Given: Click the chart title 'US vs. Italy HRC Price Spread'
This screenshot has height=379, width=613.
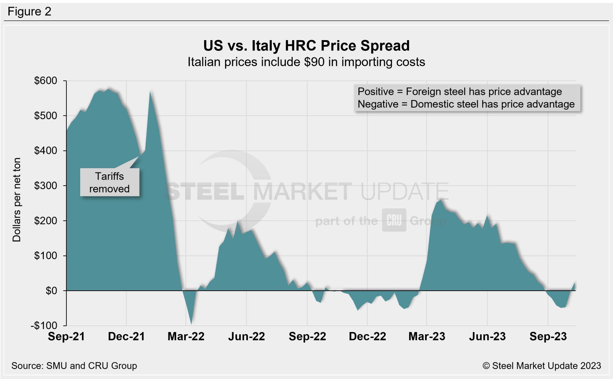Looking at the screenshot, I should [x=306, y=46].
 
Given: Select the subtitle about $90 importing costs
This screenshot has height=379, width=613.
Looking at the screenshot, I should [x=306, y=62].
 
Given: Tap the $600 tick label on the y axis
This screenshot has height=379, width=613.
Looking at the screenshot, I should [x=45, y=81].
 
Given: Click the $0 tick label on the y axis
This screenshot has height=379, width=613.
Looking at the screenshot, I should [x=51, y=291].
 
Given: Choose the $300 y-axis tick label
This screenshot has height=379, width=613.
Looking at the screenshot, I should [x=45, y=186].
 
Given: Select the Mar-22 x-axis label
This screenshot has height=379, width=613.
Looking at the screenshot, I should [x=186, y=336].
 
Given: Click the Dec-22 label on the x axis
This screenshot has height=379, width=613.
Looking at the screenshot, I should [x=367, y=336].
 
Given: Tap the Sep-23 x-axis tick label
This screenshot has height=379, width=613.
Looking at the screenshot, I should [x=548, y=336].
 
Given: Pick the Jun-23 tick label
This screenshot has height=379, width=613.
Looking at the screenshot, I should [x=487, y=336].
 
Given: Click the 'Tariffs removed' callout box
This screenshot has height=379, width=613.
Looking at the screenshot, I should [x=110, y=182].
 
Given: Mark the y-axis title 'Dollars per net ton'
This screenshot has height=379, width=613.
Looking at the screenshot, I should [x=17, y=200].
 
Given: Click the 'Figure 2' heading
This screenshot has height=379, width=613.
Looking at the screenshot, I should [x=29, y=12].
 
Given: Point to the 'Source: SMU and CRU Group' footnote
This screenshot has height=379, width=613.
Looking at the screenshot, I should [x=74, y=366].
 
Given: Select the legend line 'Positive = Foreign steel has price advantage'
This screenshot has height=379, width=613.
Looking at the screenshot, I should [x=460, y=92].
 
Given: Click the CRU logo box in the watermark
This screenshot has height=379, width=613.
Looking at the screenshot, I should [x=394, y=220].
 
